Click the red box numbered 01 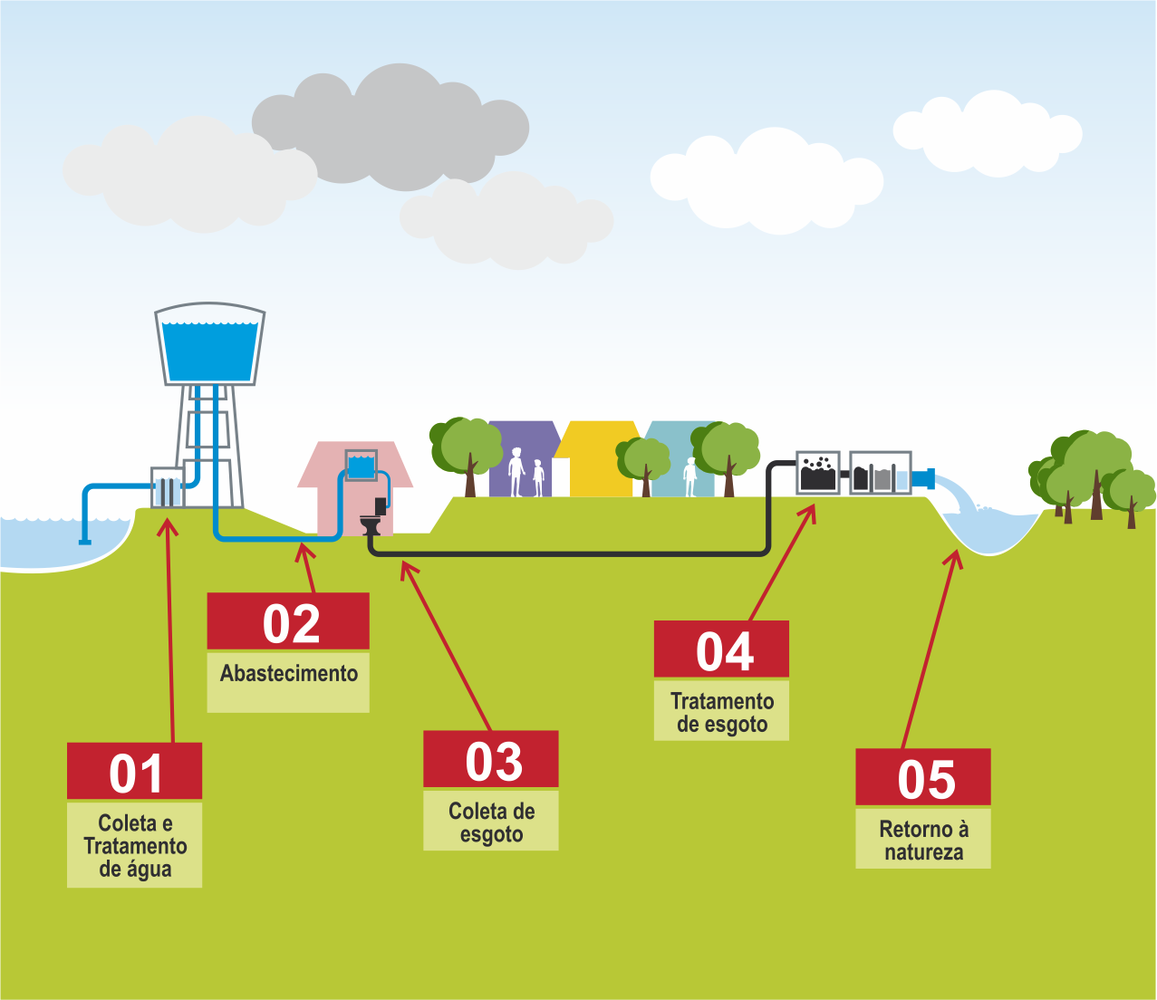click(134, 772)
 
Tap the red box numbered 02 click(288, 621)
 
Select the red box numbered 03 click(491, 759)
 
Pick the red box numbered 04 click(721, 649)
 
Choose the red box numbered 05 click(923, 777)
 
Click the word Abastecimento click(288, 674)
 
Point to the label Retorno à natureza click(923, 840)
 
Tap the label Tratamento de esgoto click(721, 712)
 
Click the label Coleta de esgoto click(491, 822)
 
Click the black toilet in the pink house click(371, 524)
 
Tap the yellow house click(596, 460)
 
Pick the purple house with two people click(523, 460)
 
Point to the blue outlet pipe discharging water click(924, 478)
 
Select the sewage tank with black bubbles click(818, 473)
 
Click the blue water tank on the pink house click(362, 466)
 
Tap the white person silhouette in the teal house click(690, 476)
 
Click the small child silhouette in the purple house click(538, 477)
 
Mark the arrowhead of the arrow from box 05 click(954, 555)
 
